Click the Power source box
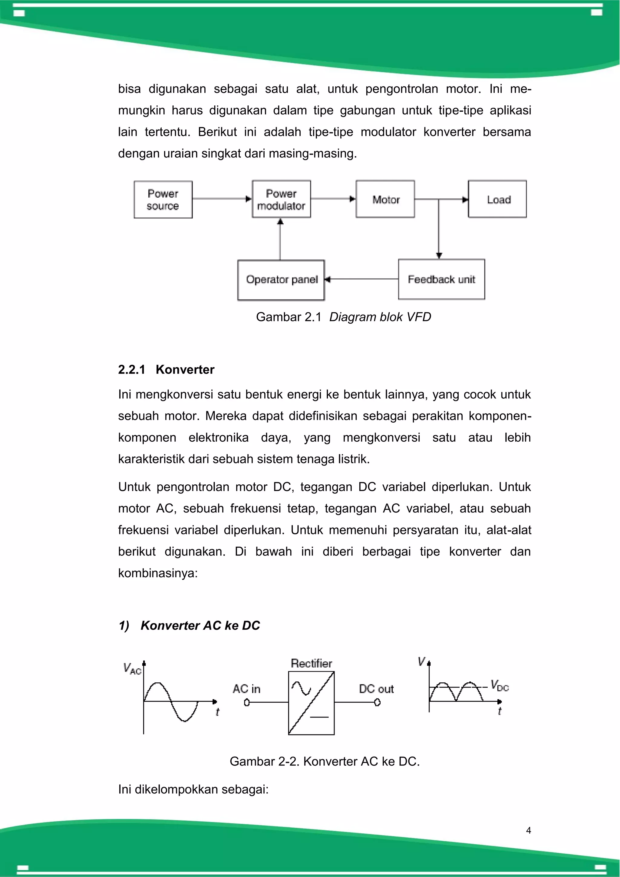(163, 200)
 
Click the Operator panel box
(281, 280)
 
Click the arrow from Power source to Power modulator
(222, 199)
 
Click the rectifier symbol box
(311, 703)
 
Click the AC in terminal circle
(247, 702)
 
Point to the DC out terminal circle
(377, 702)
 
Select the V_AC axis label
(132, 668)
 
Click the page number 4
(529, 830)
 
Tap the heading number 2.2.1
(132, 370)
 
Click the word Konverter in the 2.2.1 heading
(185, 370)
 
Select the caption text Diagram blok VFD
(380, 317)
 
